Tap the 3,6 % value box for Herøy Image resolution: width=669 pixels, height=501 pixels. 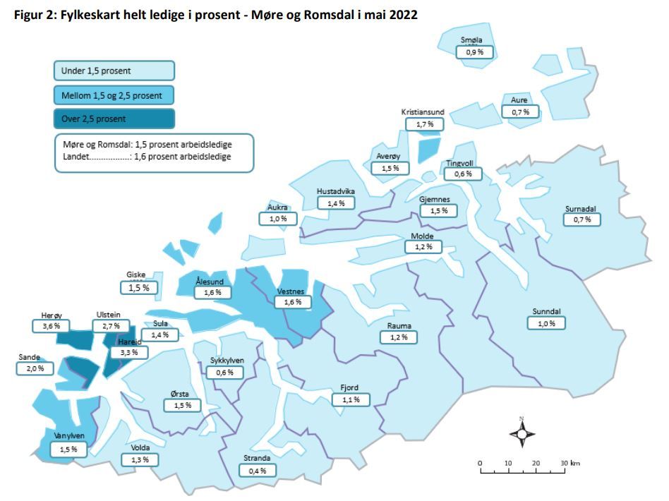coord(51,326)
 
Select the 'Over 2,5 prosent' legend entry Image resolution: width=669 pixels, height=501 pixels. coord(114,119)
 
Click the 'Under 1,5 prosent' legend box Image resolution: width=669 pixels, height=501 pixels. coord(114,71)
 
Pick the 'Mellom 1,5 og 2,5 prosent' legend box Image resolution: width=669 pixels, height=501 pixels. coord(114,95)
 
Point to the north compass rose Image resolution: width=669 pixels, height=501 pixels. coord(522,433)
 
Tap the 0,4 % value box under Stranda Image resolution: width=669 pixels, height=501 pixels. coord(257,470)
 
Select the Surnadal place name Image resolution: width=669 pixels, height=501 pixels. coord(581,209)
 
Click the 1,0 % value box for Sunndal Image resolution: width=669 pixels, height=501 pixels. coord(546,323)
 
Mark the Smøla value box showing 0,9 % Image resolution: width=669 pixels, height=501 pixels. coord(475,52)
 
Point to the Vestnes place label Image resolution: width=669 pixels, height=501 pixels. coord(290,291)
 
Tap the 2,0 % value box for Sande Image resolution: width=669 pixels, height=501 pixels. coord(35,368)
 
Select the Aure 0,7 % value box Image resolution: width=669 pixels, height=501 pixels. coord(520,111)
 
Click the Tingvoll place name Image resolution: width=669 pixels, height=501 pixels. coord(459,164)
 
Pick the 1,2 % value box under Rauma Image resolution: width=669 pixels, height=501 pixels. coord(399,337)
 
